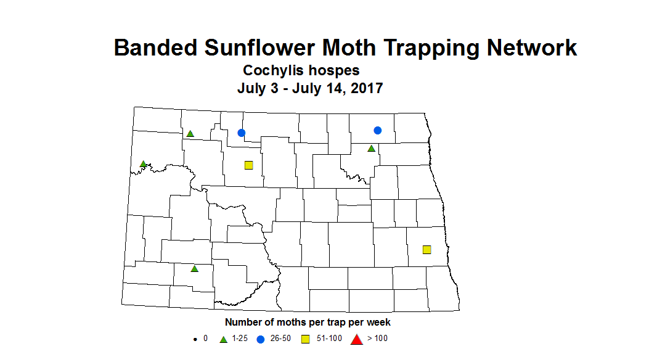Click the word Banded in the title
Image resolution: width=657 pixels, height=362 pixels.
pyautogui.click(x=156, y=47)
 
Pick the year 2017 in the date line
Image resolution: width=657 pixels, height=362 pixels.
pyautogui.click(x=367, y=88)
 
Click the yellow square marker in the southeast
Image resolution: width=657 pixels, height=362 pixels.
pyautogui.click(x=426, y=250)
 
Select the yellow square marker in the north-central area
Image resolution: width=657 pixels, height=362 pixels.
pyautogui.click(x=249, y=165)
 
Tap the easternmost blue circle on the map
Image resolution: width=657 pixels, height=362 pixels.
pyautogui.click(x=378, y=130)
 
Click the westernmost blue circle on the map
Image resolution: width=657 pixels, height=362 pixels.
pyautogui.click(x=242, y=133)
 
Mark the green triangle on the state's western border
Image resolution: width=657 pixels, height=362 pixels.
pyautogui.click(x=143, y=164)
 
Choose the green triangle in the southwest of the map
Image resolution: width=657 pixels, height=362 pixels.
pyautogui.click(x=194, y=268)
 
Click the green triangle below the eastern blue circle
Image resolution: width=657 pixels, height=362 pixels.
pyautogui.click(x=371, y=149)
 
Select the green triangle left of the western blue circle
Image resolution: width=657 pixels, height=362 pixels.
pyautogui.click(x=190, y=134)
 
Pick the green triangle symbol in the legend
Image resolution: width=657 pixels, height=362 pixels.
pyautogui.click(x=224, y=339)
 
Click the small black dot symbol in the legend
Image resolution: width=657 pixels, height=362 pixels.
pyautogui.click(x=195, y=339)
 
